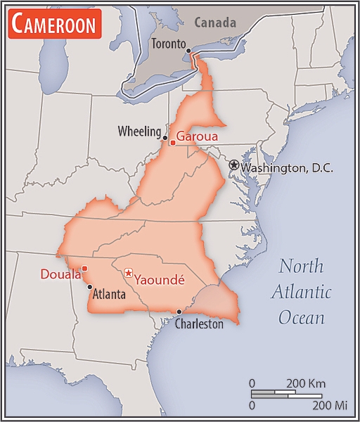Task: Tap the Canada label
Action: [215, 22]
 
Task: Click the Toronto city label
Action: [168, 44]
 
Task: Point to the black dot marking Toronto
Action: [188, 51]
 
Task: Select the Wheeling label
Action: [139, 131]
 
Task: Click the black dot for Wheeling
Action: [166, 138]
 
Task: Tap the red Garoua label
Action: [197, 136]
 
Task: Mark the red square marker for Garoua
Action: [172, 143]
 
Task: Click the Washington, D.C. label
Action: [287, 168]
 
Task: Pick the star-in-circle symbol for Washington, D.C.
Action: [233, 165]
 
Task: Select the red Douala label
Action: [60, 274]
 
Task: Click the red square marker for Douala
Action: [84, 268]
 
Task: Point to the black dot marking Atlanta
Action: [89, 287]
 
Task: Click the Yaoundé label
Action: [159, 279]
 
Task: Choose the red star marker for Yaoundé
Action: [128, 273]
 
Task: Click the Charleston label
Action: [199, 324]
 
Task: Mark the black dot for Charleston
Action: [179, 312]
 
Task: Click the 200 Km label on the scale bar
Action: [305, 383]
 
